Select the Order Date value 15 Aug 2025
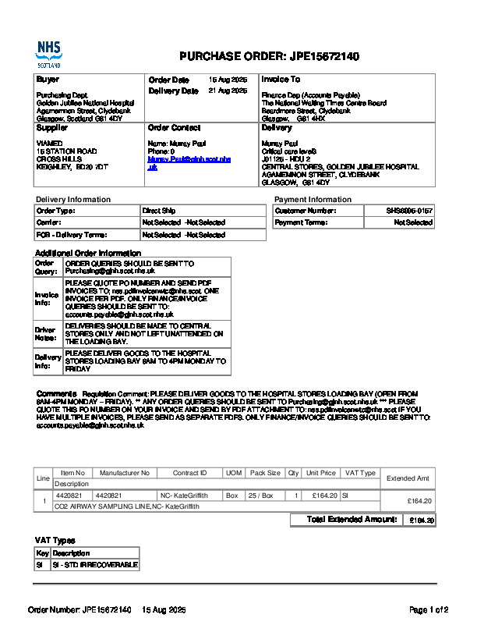(x=228, y=80)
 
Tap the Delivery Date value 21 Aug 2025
(x=228, y=91)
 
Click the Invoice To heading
(x=281, y=80)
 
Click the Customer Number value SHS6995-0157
(x=410, y=211)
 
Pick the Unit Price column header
(x=321, y=473)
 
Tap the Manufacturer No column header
(x=125, y=473)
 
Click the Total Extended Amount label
(x=352, y=520)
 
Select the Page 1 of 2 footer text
(x=429, y=609)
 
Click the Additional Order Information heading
(x=88, y=253)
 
